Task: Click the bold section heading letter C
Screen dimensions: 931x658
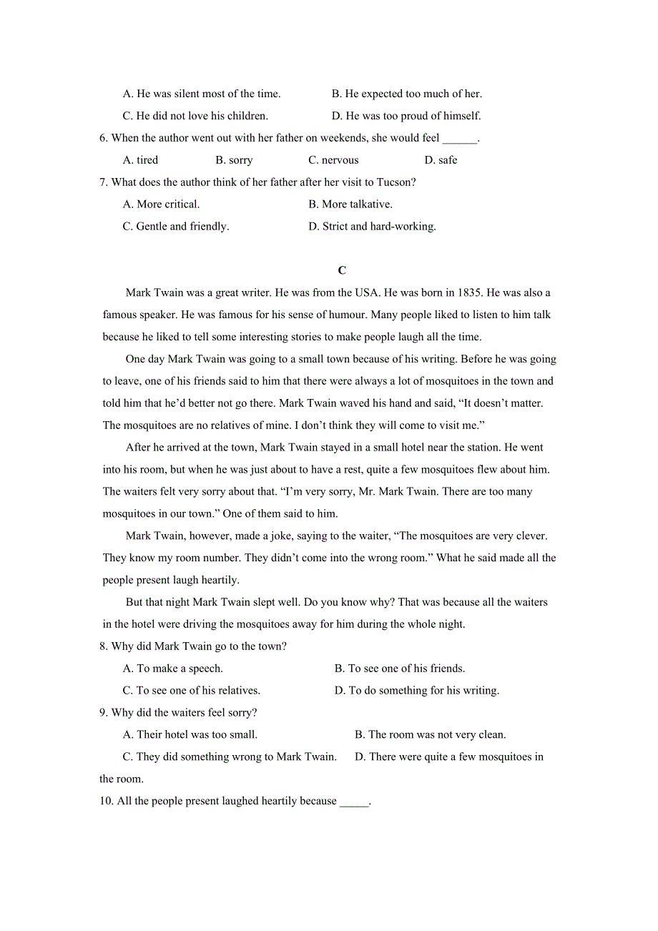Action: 342,270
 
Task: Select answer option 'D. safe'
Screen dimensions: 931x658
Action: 441,160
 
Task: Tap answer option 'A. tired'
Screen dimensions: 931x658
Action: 141,160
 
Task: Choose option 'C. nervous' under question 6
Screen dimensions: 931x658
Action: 333,160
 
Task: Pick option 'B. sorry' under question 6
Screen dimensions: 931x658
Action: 234,160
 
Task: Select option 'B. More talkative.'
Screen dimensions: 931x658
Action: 350,205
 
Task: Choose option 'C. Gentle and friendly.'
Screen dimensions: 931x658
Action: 176,227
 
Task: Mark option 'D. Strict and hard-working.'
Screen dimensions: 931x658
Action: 372,227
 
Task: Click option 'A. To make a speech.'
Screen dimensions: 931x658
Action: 173,669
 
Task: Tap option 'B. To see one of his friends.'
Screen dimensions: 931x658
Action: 400,669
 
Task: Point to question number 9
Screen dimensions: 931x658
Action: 104,713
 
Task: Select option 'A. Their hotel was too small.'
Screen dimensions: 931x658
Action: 190,735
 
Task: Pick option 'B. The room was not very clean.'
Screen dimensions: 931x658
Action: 431,735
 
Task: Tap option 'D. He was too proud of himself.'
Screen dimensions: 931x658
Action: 406,116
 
